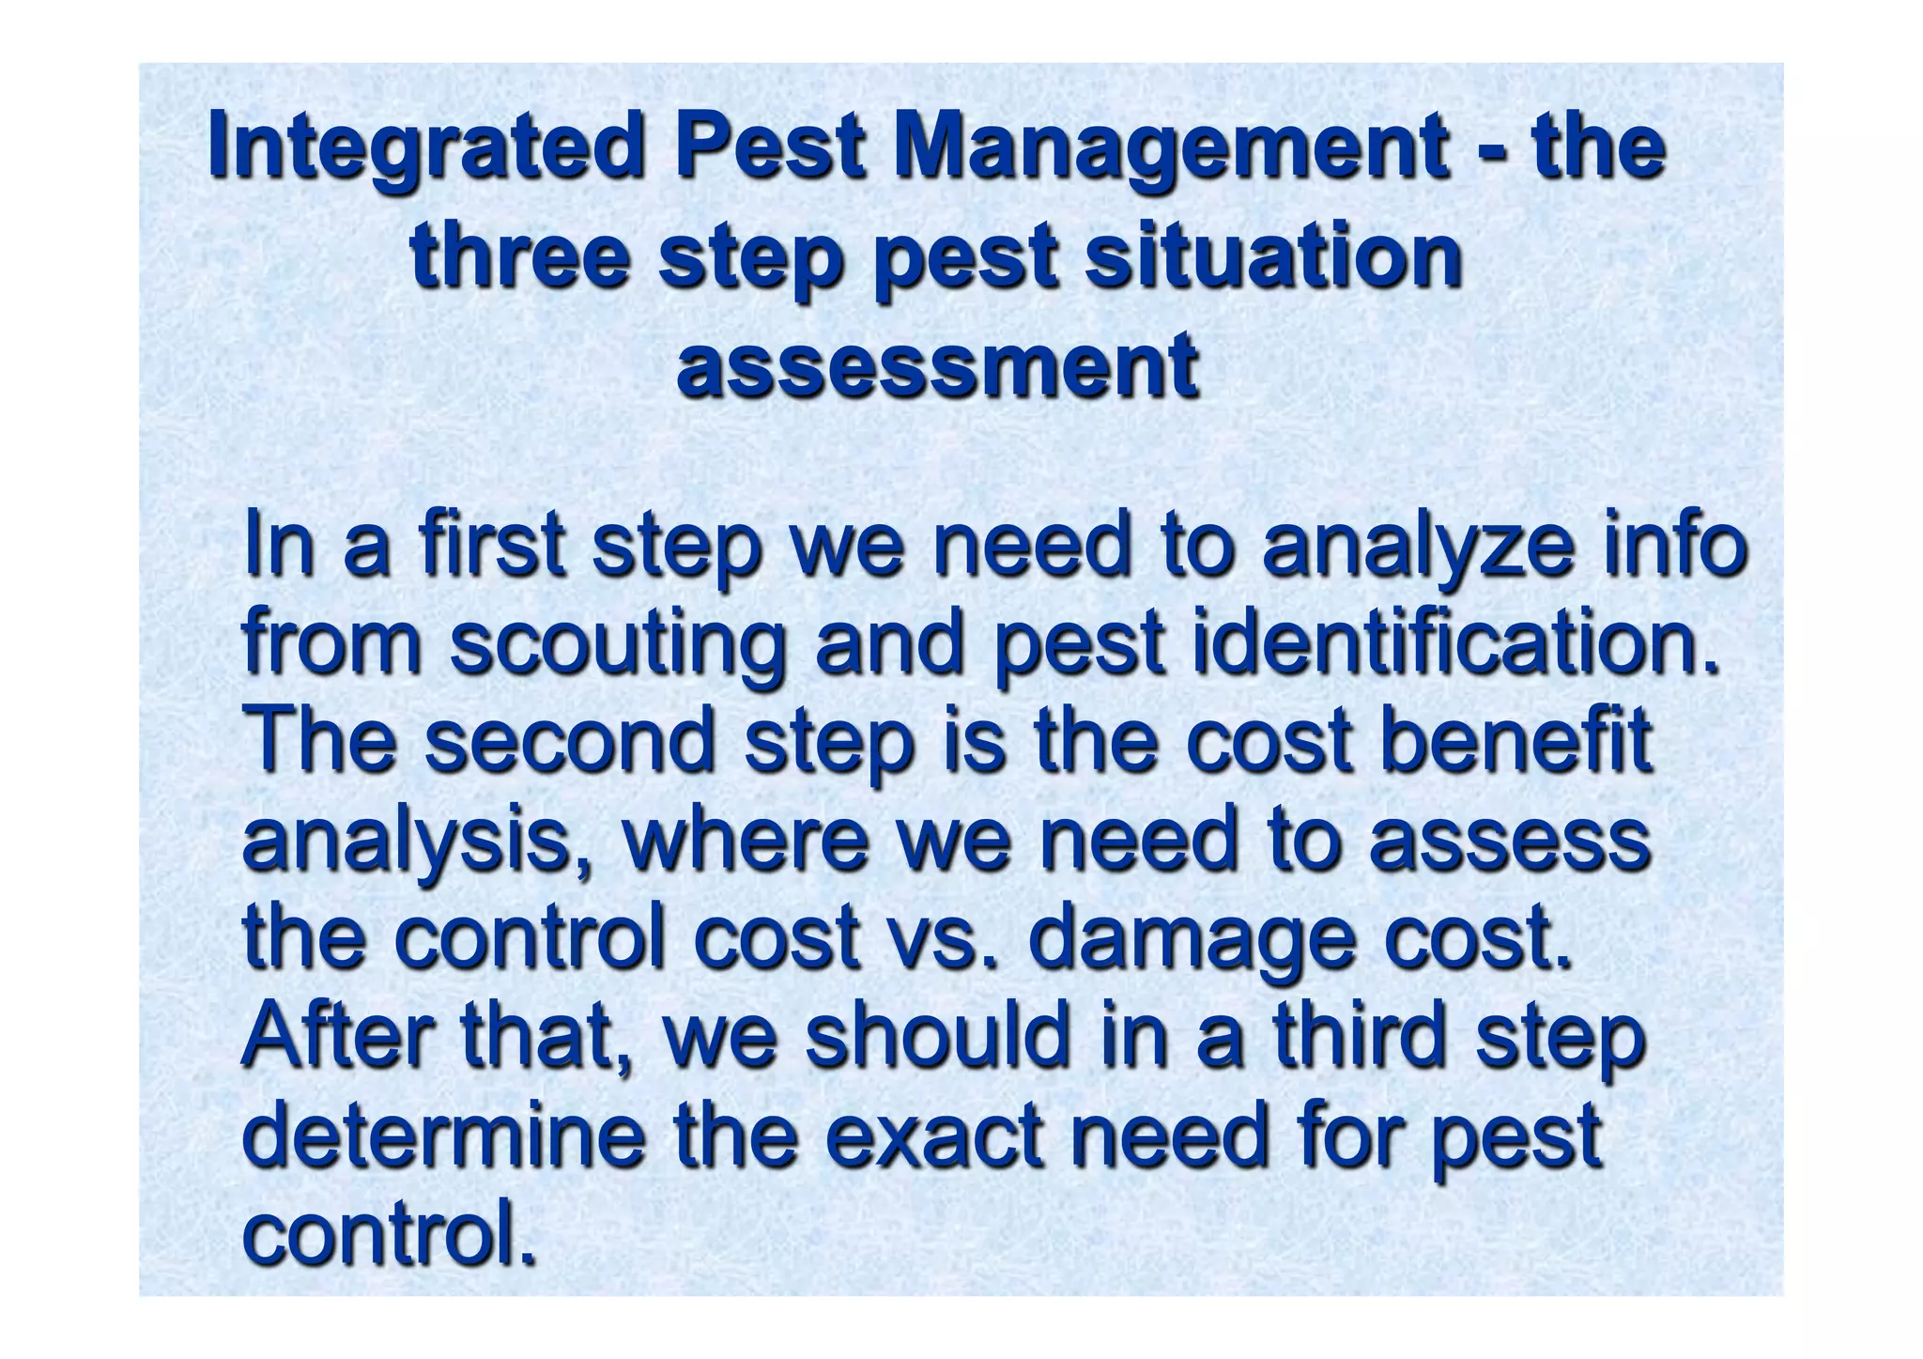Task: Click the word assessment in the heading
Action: pyautogui.click(x=937, y=364)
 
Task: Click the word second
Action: pyautogui.click(x=571, y=742)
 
